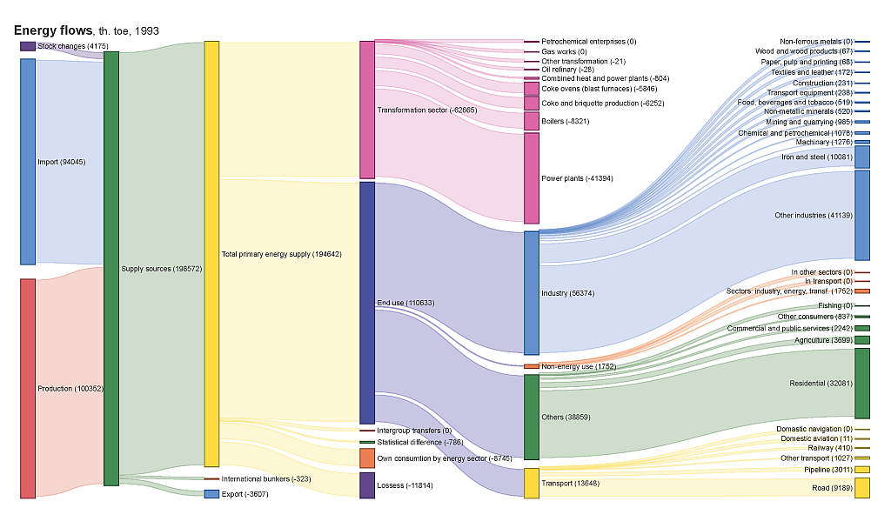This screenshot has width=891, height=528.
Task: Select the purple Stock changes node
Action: pyautogui.click(x=28, y=46)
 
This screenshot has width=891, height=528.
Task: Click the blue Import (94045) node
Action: pyautogui.click(x=28, y=162)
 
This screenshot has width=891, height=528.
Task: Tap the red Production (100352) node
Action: pyautogui.click(x=28, y=388)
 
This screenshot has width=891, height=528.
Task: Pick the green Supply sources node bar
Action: pyautogui.click(x=111, y=268)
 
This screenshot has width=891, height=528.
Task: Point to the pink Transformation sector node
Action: pyautogui.click(x=367, y=110)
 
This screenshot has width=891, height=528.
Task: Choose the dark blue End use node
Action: pyautogui.click(x=367, y=303)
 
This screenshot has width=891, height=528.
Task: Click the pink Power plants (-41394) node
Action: pyautogui.click(x=532, y=178)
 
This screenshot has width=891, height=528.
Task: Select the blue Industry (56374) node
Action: pyautogui.click(x=532, y=293)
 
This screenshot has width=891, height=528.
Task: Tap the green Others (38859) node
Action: pyautogui.click(x=532, y=418)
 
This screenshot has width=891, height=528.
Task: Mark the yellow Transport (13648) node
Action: pyautogui.click(x=532, y=483)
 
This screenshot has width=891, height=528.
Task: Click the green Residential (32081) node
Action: pyautogui.click(x=862, y=384)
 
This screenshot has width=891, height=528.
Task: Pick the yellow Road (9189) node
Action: pyautogui.click(x=862, y=488)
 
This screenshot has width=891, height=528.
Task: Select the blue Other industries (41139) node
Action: pyautogui.click(x=862, y=215)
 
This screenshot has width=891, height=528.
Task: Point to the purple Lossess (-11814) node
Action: pyautogui.click(x=367, y=485)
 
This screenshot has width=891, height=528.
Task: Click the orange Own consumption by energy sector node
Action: pyautogui.click(x=367, y=458)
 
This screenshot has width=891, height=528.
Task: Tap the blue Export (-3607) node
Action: pyautogui.click(x=211, y=494)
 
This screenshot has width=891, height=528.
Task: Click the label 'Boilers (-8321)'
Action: pyautogui.click(x=565, y=122)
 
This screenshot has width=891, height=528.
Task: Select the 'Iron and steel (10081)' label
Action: pyautogui.click(x=816, y=157)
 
